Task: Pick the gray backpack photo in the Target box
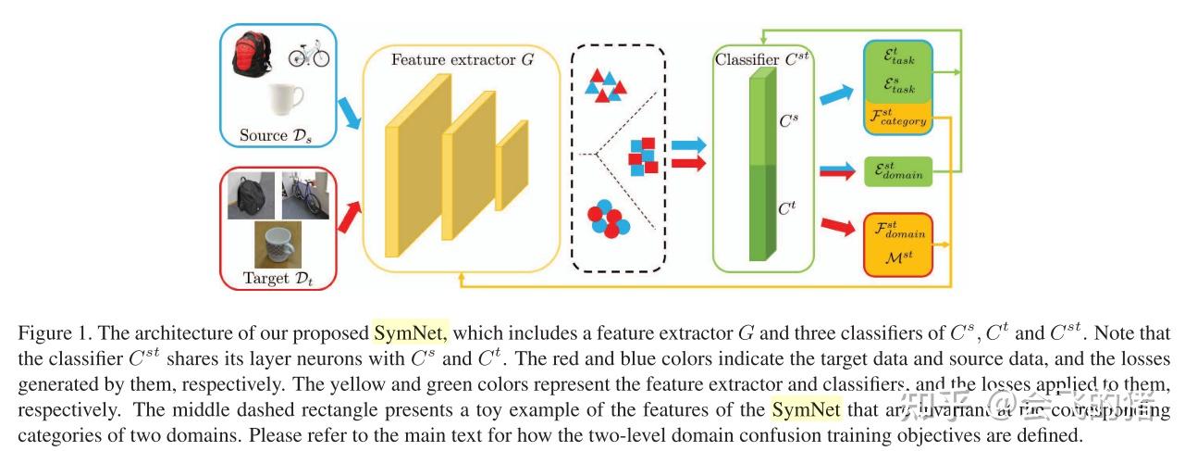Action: coord(251,196)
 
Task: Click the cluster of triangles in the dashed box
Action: coord(607,86)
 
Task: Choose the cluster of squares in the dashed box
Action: coord(643,156)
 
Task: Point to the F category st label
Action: coord(896,118)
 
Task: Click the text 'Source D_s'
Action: coord(277,135)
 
